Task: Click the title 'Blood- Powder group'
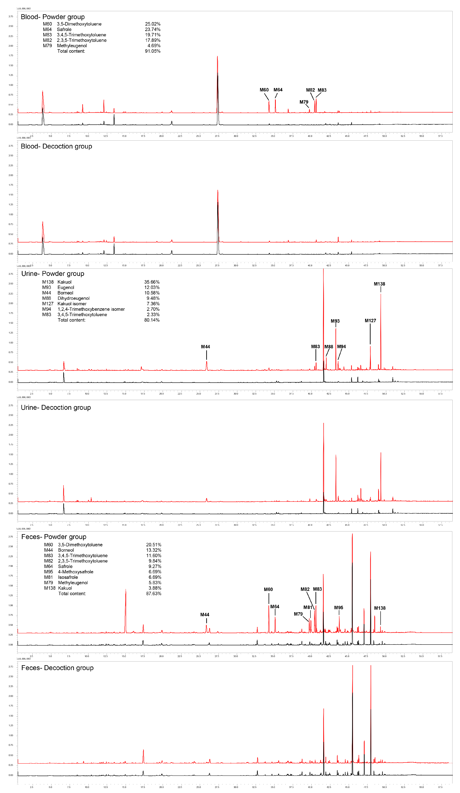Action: click(53, 17)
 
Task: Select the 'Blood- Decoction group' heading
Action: click(56, 146)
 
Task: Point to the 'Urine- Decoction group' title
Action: click(56, 408)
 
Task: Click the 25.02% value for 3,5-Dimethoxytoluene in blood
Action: click(152, 24)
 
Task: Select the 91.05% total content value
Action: click(152, 51)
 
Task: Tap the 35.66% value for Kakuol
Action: click(152, 282)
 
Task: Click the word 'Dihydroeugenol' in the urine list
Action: click(73, 298)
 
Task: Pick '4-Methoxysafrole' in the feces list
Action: click(76, 572)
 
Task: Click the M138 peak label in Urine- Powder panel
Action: click(379, 284)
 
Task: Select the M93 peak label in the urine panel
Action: click(335, 321)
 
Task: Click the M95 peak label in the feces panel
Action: click(338, 608)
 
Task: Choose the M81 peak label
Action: click(308, 607)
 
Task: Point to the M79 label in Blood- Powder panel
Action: click(304, 102)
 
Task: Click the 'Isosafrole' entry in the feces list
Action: click(68, 577)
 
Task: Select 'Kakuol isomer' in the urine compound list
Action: click(72, 304)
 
